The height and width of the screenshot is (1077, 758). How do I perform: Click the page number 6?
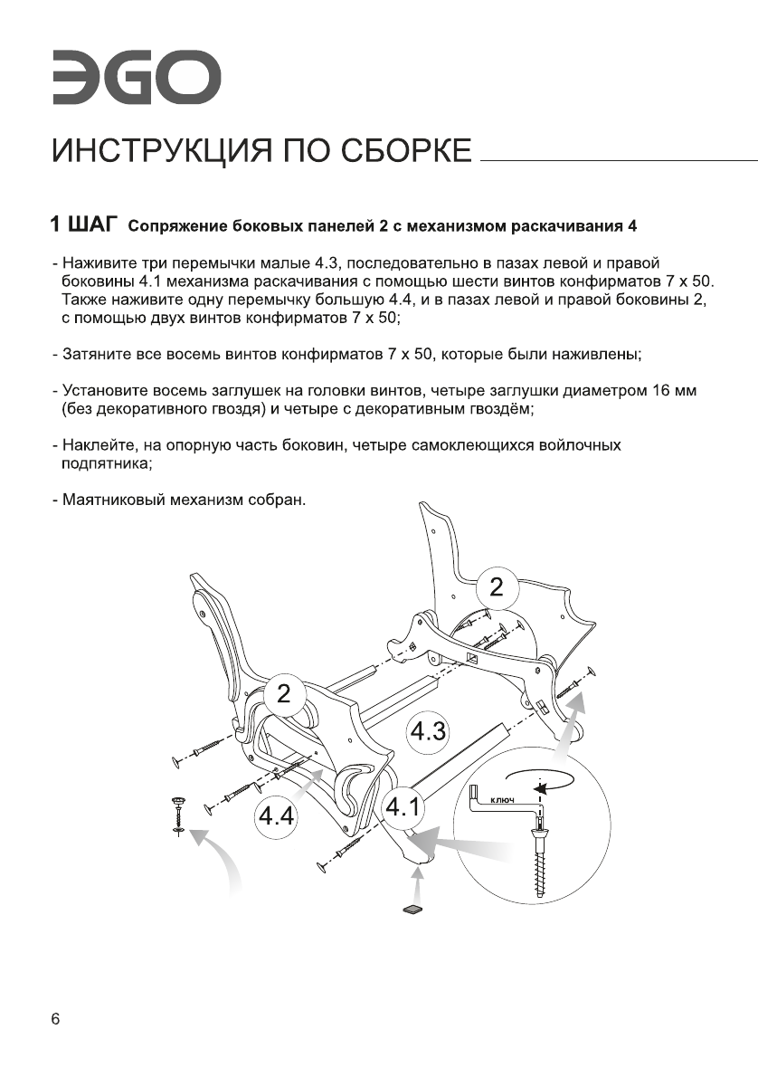click(56, 1020)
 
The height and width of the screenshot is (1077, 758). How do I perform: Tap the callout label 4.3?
click(426, 729)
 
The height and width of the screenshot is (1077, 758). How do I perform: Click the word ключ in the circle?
click(502, 799)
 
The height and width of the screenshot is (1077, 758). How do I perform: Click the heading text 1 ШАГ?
click(86, 223)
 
